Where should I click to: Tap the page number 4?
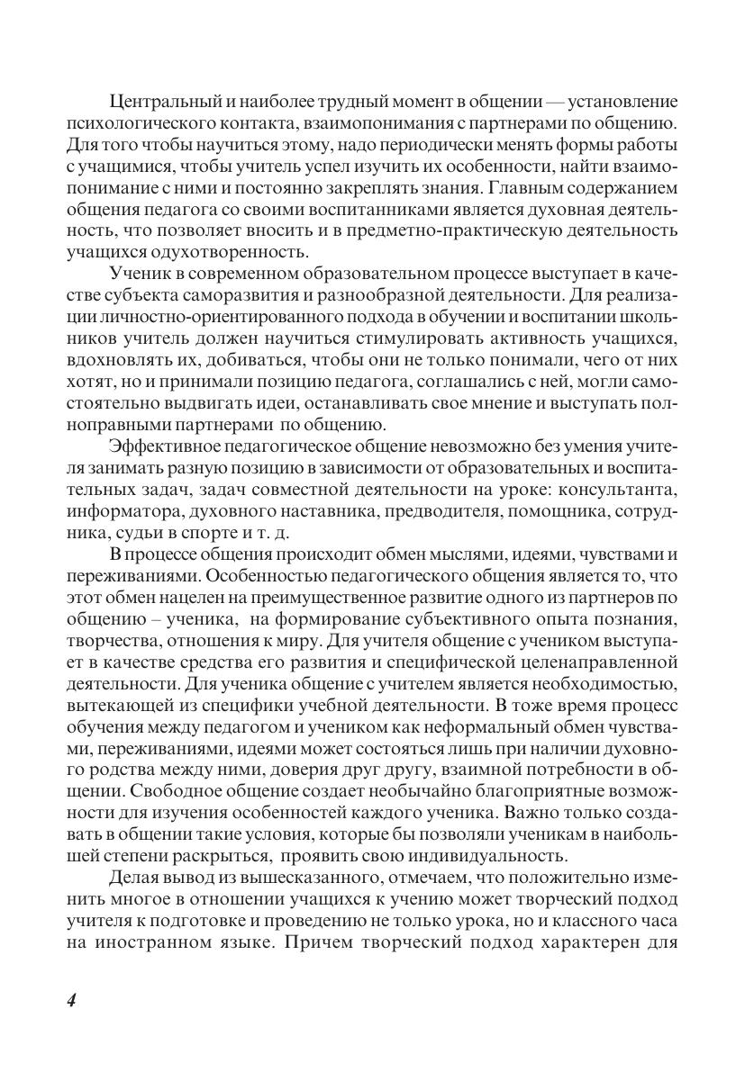click(72, 1002)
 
